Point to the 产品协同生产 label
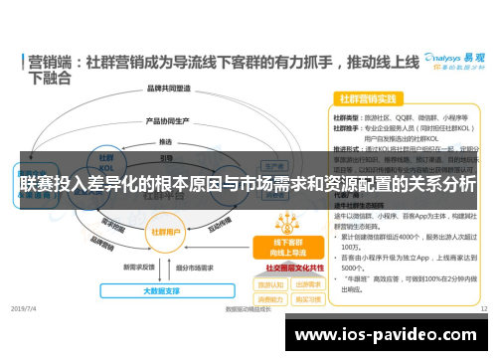click(x=166, y=121)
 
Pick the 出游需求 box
click(x=306, y=283)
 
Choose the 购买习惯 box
click(x=306, y=298)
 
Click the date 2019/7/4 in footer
click(x=24, y=309)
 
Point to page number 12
click(x=482, y=309)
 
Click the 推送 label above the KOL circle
click(x=165, y=141)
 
